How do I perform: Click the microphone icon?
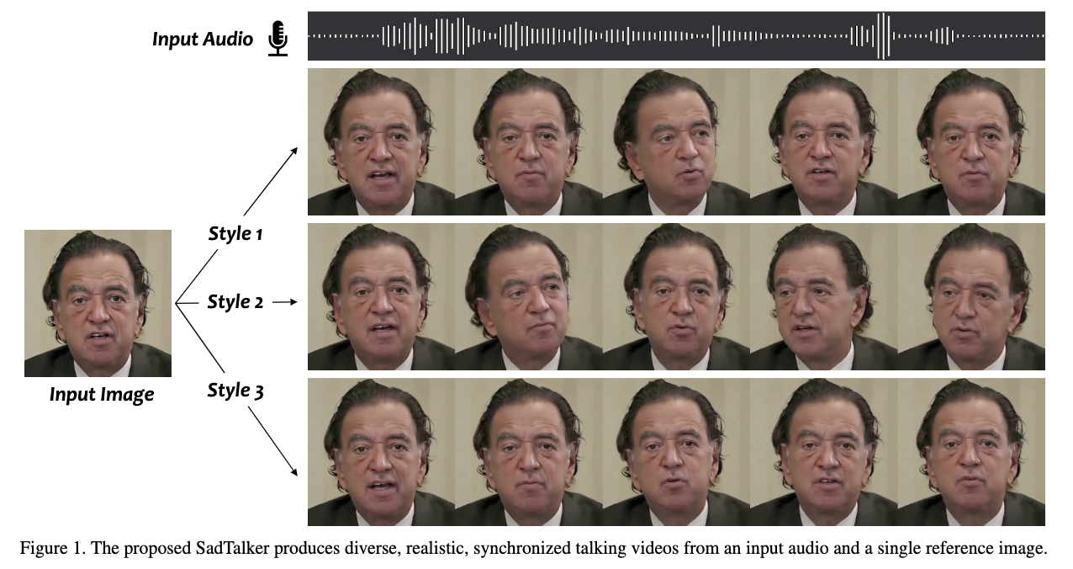[x=277, y=39]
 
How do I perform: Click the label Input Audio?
[x=203, y=39]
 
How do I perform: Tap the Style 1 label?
[x=235, y=233]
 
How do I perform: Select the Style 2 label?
[x=235, y=301]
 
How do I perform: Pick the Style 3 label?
[x=235, y=391]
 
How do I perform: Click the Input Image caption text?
[x=102, y=394]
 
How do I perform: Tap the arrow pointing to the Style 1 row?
[x=271, y=180]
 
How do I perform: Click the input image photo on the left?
[x=98, y=303]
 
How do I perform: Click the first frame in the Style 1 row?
[x=381, y=141]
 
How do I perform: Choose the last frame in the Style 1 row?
[x=971, y=141]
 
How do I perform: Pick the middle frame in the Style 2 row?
[x=676, y=296]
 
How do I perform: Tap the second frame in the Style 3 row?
[x=528, y=452]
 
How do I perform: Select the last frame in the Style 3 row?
[x=971, y=452]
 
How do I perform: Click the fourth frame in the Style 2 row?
[x=823, y=296]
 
